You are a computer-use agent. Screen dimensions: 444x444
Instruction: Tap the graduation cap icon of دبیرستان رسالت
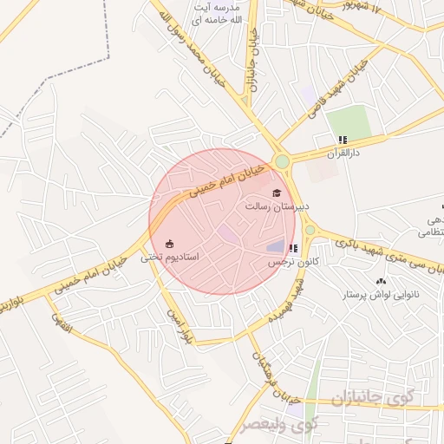pyautogui.click(x=277, y=193)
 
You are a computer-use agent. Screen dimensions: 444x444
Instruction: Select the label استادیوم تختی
pyautogui.click(x=171, y=257)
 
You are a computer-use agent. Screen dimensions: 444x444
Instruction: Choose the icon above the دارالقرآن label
pyautogui.click(x=343, y=140)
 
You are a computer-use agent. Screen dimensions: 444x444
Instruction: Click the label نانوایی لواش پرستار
pyautogui.click(x=382, y=295)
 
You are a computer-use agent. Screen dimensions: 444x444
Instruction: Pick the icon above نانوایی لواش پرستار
pyautogui.click(x=382, y=281)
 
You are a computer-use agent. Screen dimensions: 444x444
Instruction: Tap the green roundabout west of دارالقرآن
pyautogui.click(x=282, y=161)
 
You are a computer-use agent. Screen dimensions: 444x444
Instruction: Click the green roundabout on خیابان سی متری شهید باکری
pyautogui.click(x=310, y=231)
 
